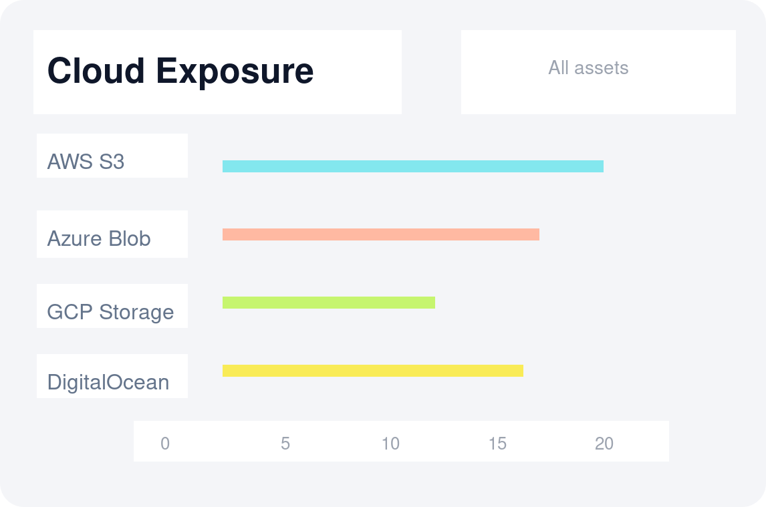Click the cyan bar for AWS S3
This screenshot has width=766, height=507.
pyautogui.click(x=412, y=166)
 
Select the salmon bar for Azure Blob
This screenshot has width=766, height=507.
pyautogui.click(x=380, y=234)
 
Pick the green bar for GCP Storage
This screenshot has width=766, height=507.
pyautogui.click(x=328, y=303)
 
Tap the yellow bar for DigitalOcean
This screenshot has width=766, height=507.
pyautogui.click(x=372, y=371)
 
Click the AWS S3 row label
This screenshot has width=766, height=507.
pyautogui.click(x=86, y=162)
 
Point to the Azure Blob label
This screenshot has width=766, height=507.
pyautogui.click(x=99, y=238)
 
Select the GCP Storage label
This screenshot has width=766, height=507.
pyautogui.click(x=110, y=312)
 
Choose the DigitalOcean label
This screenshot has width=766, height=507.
pyautogui.click(x=108, y=382)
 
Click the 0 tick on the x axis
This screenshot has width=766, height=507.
pyautogui.click(x=165, y=444)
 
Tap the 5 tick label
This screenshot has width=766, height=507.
pyautogui.click(x=285, y=444)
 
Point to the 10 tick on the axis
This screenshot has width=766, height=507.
pyautogui.click(x=390, y=444)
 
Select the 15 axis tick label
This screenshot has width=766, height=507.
pyautogui.click(x=497, y=444)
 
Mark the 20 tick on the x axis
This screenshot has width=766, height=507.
pyautogui.click(x=604, y=444)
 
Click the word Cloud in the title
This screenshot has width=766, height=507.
pyautogui.click(x=96, y=71)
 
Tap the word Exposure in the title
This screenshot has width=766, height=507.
pyautogui.click(x=235, y=71)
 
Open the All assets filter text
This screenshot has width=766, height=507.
pyautogui.click(x=588, y=67)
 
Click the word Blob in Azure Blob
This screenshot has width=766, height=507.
pyautogui.click(x=130, y=238)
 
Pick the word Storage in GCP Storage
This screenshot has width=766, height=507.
pyautogui.click(x=136, y=312)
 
